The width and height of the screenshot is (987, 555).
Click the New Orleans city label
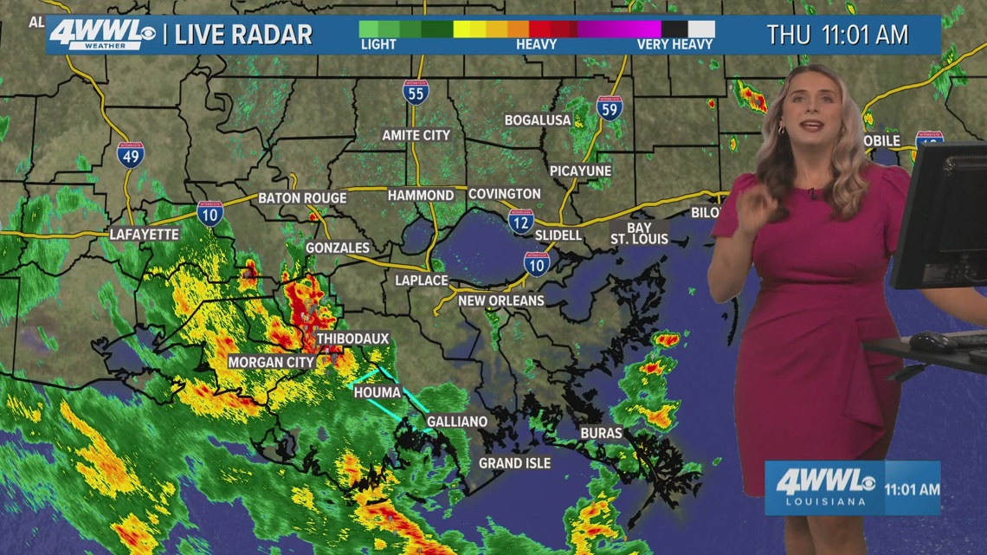coord(501,300)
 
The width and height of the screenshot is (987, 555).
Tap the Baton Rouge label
coord(302,198)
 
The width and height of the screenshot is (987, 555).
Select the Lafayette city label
coord(144,234)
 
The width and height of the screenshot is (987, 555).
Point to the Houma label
coord(377,392)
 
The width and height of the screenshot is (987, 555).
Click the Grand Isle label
coord(514,463)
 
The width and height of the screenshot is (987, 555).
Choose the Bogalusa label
coord(538,119)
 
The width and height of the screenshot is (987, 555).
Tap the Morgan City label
coord(271,362)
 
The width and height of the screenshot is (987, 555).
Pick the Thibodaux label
coord(352,338)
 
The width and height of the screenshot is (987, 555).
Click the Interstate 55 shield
coord(416,91)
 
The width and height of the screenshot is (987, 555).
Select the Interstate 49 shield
coord(131,155)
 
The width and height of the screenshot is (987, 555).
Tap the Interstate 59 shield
coord(610,107)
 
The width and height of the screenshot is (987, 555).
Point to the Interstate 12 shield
coord(520,222)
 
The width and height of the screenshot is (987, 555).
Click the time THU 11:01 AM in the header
coord(837,35)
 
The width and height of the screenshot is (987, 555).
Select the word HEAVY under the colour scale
coord(536,44)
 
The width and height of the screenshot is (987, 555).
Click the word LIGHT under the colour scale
coord(378,44)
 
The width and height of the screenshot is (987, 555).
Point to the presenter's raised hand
coord(755,208)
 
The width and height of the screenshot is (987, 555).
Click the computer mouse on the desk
coord(928,340)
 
